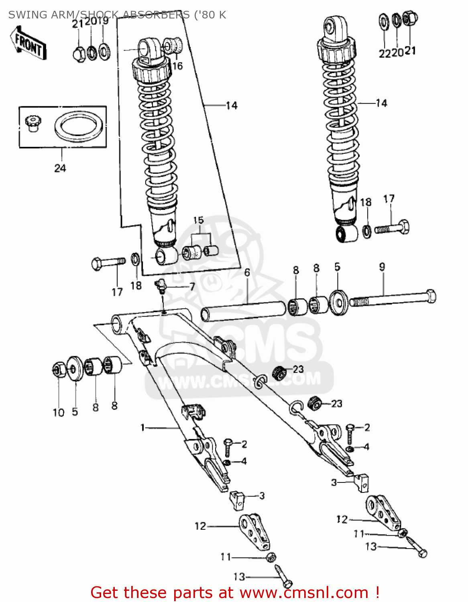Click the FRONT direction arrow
28,43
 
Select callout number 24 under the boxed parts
60,168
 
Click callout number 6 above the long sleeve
247,273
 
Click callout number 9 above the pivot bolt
382,267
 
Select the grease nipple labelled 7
161,285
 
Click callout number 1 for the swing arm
142,428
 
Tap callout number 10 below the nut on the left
59,413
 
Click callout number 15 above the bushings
198,220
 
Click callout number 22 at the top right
384,53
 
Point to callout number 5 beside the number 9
337,267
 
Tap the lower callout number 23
336,403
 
